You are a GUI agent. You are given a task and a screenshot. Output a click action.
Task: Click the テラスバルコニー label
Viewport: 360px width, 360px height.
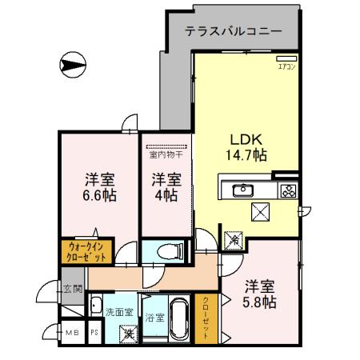232,33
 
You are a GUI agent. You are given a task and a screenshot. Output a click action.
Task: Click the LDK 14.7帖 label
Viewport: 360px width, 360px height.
244,146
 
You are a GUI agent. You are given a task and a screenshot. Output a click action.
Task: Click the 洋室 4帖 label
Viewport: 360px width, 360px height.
165,186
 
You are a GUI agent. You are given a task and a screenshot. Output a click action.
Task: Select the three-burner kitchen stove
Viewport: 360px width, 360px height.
287,190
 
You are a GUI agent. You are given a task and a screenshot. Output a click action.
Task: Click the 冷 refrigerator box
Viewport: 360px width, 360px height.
234,238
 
